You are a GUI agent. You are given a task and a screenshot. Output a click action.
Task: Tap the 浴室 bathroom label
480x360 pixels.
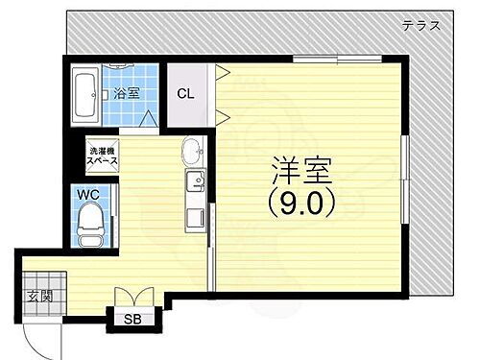point(126,93)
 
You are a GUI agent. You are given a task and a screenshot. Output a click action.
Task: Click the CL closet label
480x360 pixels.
point(184,94)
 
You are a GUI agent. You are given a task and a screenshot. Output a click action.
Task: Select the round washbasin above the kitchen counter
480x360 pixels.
point(191,152)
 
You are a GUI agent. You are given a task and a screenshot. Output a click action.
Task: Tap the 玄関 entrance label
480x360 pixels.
point(38,294)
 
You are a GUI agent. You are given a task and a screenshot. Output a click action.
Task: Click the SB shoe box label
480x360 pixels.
point(135,320)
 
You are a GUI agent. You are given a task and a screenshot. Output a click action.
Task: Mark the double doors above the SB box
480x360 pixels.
point(133,299)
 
